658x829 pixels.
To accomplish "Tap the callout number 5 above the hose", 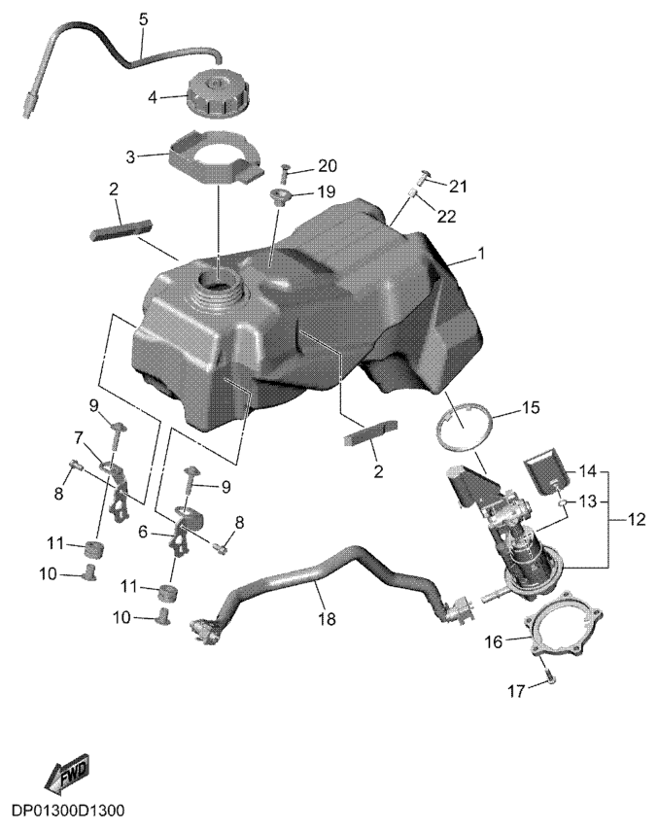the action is click(x=143, y=21).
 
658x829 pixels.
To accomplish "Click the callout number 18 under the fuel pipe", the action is click(x=328, y=618).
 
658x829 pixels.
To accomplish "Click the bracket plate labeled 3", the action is click(x=217, y=155).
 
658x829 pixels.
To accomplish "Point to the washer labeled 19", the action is click(x=279, y=197).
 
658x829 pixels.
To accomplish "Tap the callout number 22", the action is click(x=447, y=217).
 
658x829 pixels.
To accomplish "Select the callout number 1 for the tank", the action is click(x=481, y=255).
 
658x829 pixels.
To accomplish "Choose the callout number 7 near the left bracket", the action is click(x=79, y=437).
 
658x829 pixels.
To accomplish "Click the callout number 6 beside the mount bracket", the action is click(x=142, y=532).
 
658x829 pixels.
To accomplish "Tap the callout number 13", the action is click(x=588, y=501).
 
